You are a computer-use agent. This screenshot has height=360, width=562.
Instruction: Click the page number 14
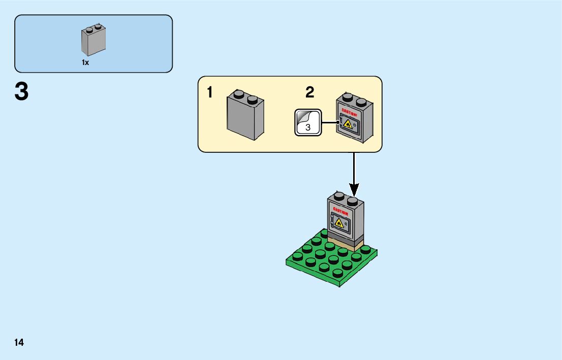tap(19, 342)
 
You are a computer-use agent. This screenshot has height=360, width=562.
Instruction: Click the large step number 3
tap(21, 92)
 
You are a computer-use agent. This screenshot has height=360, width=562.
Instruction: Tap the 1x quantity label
tap(85, 62)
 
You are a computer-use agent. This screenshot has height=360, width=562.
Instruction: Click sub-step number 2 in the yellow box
tap(310, 92)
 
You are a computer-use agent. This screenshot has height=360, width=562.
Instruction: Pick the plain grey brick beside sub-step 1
tap(244, 117)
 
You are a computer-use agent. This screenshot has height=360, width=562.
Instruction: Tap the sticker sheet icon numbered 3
tap(307, 122)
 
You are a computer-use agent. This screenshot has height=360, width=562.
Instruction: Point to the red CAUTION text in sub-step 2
tap(350, 112)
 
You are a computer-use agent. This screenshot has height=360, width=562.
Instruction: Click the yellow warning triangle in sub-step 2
tap(347, 123)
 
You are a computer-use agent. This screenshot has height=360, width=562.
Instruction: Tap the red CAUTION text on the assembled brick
tap(340, 211)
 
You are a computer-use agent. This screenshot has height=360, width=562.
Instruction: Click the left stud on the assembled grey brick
tap(338, 195)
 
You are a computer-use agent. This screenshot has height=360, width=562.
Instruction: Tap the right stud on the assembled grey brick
tap(353, 201)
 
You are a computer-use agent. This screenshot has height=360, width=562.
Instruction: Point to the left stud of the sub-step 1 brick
tap(239, 94)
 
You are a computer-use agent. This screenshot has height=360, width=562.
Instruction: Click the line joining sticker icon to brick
tap(329, 122)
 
